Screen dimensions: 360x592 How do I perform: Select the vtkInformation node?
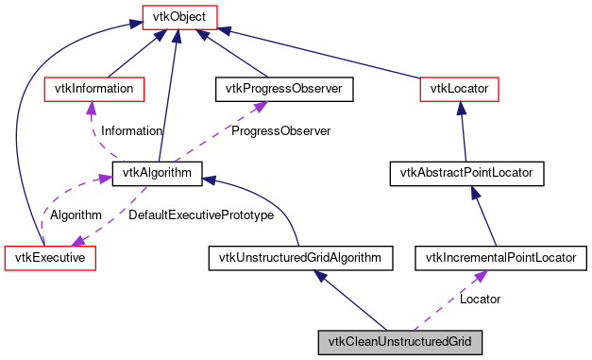pos(94,89)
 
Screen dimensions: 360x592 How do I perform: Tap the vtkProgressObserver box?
pos(284,89)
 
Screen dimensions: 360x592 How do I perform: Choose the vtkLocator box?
pos(458,89)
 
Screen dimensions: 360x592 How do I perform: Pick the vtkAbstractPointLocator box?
pos(466,173)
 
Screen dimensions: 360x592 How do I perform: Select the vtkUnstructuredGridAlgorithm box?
pos(299,256)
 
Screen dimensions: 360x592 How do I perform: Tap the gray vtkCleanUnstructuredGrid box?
pos(400,340)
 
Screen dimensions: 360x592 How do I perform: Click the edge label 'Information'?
pos(131,131)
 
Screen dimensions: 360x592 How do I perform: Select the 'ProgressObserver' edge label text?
pos(280,131)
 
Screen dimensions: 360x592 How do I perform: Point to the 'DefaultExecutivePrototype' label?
pos(200,215)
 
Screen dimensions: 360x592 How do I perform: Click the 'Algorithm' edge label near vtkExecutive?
pos(76,215)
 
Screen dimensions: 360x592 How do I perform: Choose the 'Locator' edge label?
pos(480,299)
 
